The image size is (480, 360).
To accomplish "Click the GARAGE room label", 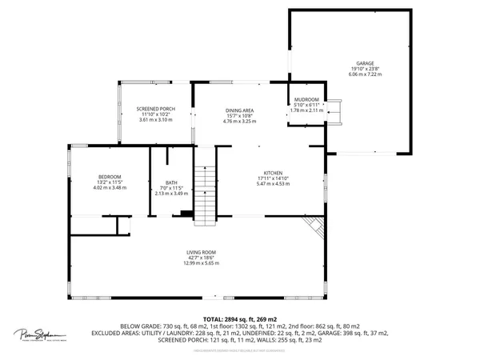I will tap(365, 62).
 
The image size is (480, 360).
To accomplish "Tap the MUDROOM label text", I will tap(306, 100).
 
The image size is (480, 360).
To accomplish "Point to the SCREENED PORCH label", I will tap(155, 108).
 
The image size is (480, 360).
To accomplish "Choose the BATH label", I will tap(170, 182).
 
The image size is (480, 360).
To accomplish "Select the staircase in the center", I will tap(206, 194).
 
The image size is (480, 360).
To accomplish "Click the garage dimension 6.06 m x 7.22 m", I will tap(365, 74).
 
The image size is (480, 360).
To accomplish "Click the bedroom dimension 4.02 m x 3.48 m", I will tap(110, 187).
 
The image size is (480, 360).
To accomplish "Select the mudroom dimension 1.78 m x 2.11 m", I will tap(306, 110).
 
